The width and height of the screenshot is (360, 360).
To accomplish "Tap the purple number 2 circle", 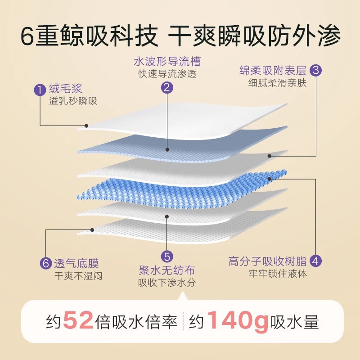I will tap(167, 88).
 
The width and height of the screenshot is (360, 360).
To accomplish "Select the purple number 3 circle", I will tap(316, 70).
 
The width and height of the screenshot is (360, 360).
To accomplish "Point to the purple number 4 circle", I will tap(316, 261).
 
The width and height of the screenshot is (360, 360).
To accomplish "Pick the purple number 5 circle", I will tap(167, 256).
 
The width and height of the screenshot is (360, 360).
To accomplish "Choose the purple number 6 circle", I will tap(45, 262).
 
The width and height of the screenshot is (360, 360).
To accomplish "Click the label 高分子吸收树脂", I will tap(267, 261).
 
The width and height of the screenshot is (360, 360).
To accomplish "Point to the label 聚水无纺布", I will tap(167, 271).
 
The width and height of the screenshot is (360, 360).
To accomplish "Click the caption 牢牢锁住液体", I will tap(277, 273).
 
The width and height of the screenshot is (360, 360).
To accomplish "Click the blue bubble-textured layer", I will tap(180, 189).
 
